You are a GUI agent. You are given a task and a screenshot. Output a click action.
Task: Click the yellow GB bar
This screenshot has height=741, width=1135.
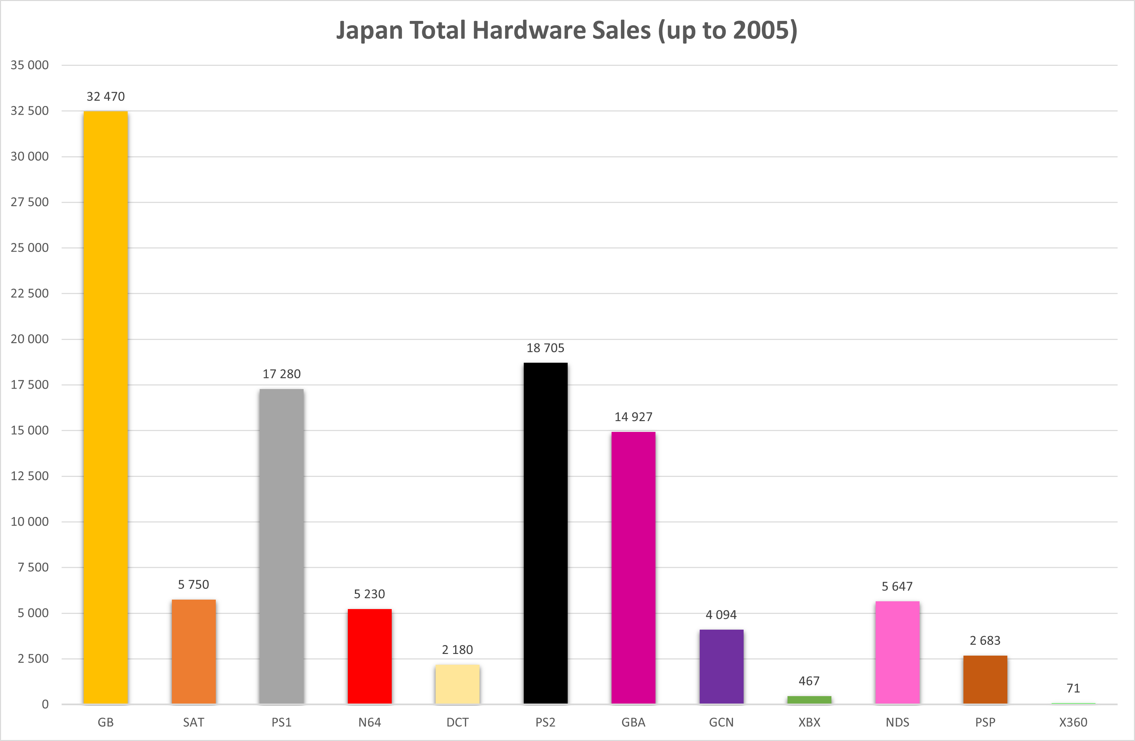(x=105, y=407)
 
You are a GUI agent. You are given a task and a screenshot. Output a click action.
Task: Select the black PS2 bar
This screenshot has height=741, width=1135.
(x=546, y=533)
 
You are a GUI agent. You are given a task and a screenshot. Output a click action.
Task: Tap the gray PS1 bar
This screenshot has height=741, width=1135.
(x=281, y=547)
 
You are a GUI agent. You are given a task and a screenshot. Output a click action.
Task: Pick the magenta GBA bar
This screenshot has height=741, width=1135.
(x=633, y=568)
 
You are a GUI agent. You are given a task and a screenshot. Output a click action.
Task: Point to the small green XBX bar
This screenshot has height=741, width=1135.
(x=809, y=699)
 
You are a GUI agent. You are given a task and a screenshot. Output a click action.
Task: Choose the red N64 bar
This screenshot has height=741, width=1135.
(x=369, y=656)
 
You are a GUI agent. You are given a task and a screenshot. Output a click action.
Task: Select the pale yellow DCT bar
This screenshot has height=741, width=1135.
(x=457, y=684)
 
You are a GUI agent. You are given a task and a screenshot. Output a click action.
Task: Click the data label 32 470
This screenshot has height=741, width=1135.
(x=105, y=97)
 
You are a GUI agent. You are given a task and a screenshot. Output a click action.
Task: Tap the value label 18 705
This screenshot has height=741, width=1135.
(x=546, y=348)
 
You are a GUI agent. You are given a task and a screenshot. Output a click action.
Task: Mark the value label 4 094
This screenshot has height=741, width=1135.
(x=721, y=615)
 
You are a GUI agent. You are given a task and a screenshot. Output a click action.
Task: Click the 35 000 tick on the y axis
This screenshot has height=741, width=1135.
(x=30, y=65)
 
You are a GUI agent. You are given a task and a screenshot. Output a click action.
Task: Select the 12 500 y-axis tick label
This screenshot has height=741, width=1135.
(x=30, y=476)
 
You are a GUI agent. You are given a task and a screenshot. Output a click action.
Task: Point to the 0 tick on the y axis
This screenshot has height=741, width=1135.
(x=45, y=704)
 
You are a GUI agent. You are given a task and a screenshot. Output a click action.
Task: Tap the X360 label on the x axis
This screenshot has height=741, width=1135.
(x=1073, y=722)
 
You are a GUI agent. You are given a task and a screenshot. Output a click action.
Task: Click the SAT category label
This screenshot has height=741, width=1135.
(x=194, y=722)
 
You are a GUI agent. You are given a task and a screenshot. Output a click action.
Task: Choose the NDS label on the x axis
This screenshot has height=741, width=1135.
(x=898, y=722)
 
